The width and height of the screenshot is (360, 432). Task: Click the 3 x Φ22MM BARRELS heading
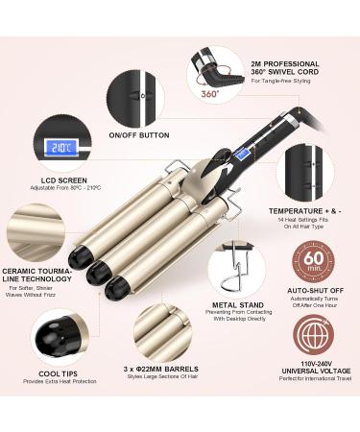pyautogui.click(x=162, y=369)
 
